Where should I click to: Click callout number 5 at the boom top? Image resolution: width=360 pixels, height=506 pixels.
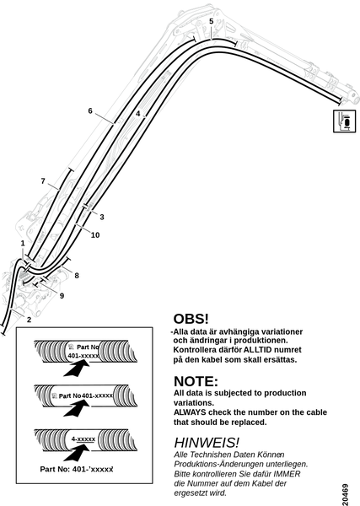pyautogui.click(x=212, y=21)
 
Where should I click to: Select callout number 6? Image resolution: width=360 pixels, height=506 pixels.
pyautogui.click(x=90, y=111)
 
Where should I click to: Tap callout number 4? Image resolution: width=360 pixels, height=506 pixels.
pyautogui.click(x=138, y=114)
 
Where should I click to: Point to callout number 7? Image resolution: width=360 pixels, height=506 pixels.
pyautogui.click(x=43, y=181)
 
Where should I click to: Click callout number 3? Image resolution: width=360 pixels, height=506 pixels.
pyautogui.click(x=102, y=217)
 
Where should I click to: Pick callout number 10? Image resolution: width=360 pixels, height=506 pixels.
pyautogui.click(x=95, y=235)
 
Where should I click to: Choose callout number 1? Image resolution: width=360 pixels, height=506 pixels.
pyautogui.click(x=23, y=244)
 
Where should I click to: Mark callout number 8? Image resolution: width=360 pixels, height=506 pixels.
pyautogui.click(x=77, y=276)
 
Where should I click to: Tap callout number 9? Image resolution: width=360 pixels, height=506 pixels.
pyautogui.click(x=62, y=296)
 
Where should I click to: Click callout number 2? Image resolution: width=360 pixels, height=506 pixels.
pyautogui.click(x=29, y=320)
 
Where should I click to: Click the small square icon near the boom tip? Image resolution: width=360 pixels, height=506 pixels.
pyautogui.click(x=344, y=121)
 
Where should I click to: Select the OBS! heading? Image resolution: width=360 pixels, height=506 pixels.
pyautogui.click(x=191, y=319)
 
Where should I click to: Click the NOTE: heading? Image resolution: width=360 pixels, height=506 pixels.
pyautogui.click(x=196, y=381)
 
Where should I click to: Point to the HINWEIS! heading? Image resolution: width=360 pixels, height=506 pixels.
pyautogui.click(x=207, y=443)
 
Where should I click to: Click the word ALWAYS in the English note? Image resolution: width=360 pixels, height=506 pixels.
pyautogui.click(x=190, y=412)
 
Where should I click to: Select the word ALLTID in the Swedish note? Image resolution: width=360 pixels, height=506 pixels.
pyautogui.click(x=256, y=350)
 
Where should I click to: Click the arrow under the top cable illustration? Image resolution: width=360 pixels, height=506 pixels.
pyautogui.click(x=77, y=369)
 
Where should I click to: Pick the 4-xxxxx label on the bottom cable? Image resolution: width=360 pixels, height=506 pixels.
pyautogui.click(x=83, y=439)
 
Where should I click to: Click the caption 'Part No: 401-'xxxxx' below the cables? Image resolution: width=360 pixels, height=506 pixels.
pyautogui.click(x=77, y=469)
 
